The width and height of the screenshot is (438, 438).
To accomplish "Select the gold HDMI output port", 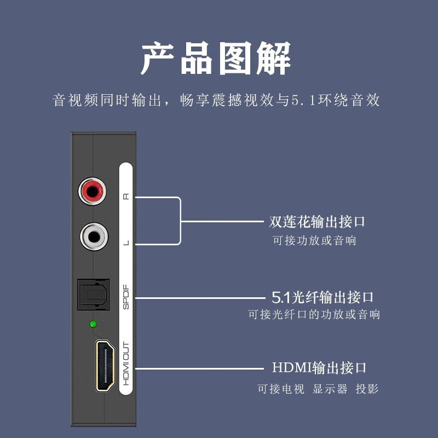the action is (x=105, y=365).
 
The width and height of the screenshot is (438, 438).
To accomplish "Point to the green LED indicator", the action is (x=93, y=325).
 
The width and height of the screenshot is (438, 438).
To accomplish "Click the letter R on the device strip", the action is (x=126, y=197).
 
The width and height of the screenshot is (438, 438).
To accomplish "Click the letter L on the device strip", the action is (x=126, y=243).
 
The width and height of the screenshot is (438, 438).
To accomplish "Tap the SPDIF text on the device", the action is (x=126, y=297).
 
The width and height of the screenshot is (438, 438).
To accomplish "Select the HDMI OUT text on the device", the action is (x=126, y=364).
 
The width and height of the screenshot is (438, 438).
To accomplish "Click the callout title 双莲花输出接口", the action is (x=317, y=222).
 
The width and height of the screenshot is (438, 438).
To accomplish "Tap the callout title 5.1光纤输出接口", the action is (x=322, y=297).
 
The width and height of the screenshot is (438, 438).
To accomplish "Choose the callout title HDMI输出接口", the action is (x=319, y=368).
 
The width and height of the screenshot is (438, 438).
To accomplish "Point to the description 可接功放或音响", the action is (x=314, y=240).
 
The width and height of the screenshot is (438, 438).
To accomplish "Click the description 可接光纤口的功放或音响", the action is (x=314, y=315).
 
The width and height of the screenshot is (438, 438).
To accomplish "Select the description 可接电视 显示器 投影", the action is (x=318, y=389).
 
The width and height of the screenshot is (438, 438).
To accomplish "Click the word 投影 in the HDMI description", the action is (x=367, y=389).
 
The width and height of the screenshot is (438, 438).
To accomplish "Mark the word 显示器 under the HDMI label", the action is (x=330, y=389).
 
